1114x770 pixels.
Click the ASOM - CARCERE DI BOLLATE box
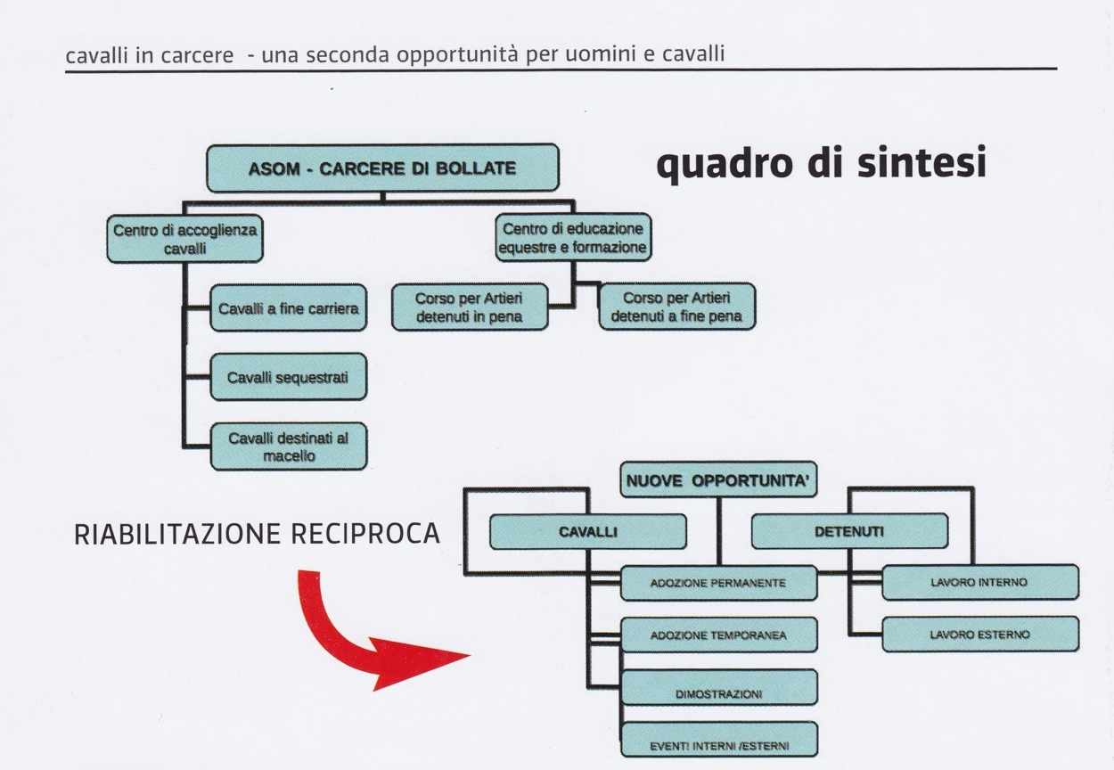coord(382,168)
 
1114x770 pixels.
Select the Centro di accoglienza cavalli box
coord(184,239)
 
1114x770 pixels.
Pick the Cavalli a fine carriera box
coord(288,308)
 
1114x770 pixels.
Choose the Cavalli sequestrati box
coord(288,377)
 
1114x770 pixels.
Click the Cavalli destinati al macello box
coord(288,446)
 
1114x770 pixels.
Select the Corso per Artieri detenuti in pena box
coord(470,307)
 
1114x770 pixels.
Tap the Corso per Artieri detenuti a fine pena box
coord(676,307)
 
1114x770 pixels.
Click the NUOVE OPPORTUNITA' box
coord(718,481)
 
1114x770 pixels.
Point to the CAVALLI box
coord(587,532)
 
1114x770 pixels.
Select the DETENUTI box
coord(848,532)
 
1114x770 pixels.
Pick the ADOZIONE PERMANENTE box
coord(718,583)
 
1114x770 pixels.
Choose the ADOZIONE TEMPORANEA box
coord(718,635)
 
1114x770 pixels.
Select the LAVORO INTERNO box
coord(979,583)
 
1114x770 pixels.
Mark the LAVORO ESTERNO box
coord(979,635)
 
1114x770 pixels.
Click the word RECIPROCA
coord(365,533)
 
